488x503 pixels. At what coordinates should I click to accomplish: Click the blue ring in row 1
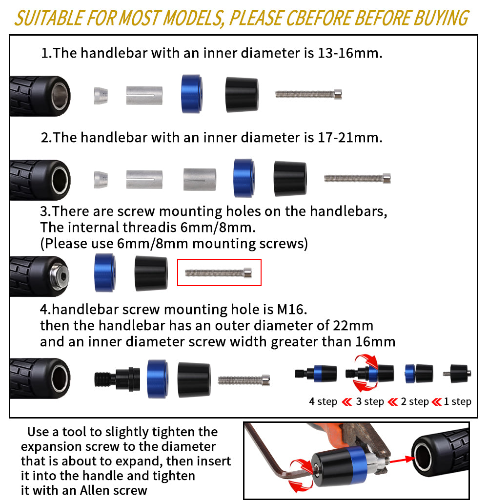click(x=191, y=93)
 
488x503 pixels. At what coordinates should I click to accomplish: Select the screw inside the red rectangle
click(x=219, y=273)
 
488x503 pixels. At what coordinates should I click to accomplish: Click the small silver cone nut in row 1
click(x=101, y=95)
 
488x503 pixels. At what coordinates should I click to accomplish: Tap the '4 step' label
click(x=323, y=401)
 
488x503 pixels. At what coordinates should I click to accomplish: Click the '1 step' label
click(x=457, y=401)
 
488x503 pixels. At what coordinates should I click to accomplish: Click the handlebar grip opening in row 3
click(x=59, y=276)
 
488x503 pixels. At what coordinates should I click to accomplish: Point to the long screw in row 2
click(x=357, y=179)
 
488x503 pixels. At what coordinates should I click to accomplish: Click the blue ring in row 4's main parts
click(x=157, y=377)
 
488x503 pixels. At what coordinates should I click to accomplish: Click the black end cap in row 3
click(x=151, y=273)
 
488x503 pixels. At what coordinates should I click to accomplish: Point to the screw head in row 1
click(x=337, y=93)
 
